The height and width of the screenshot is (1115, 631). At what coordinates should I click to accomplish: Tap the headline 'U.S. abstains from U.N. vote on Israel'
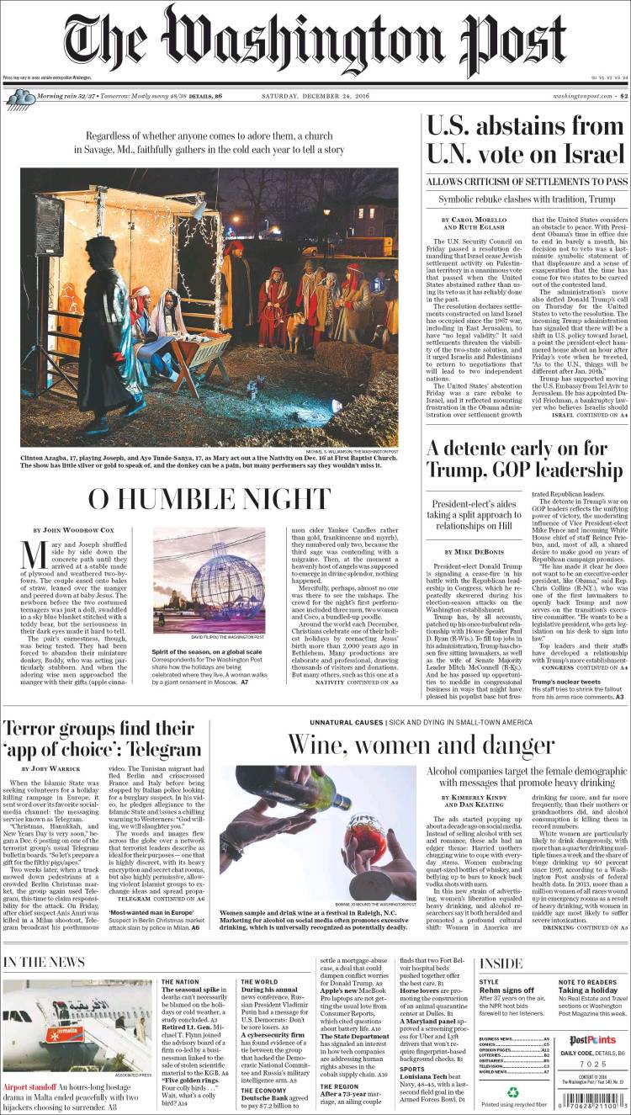click(526, 140)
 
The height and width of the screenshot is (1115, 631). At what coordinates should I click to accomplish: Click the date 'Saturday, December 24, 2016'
click(315, 98)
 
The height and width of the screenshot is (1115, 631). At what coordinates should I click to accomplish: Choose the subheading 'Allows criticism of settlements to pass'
click(526, 182)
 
